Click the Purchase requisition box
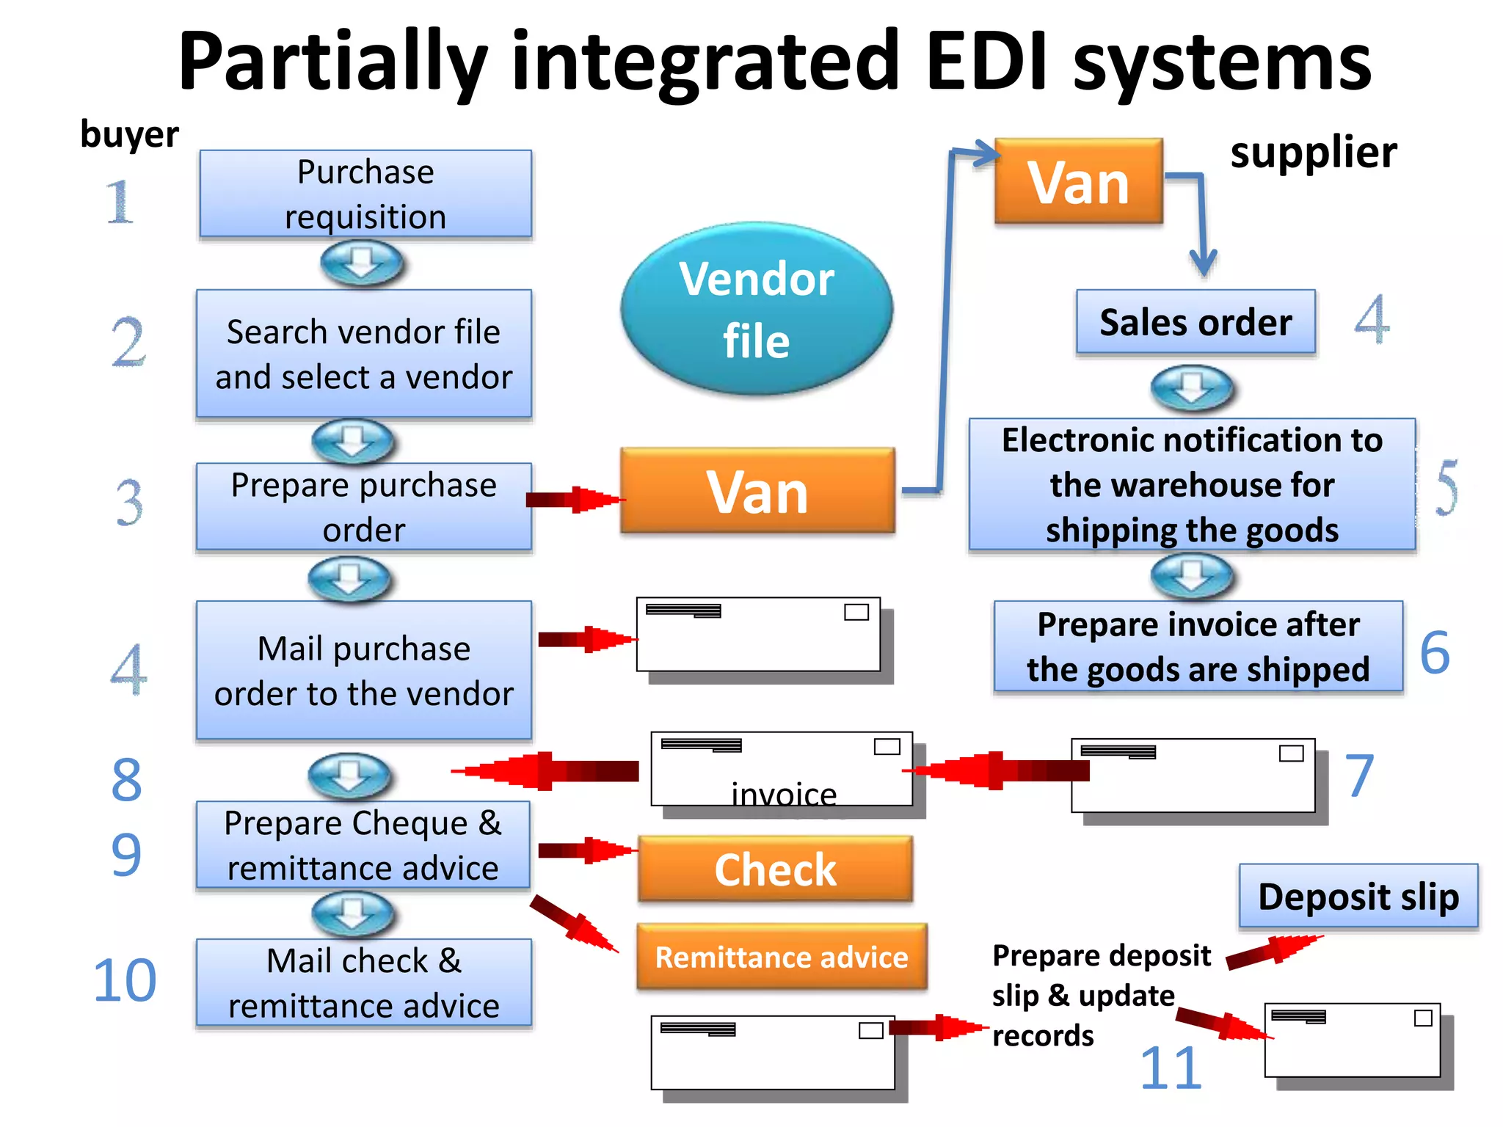click(x=365, y=194)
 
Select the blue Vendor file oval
click(x=757, y=309)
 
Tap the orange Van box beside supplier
click(x=1078, y=181)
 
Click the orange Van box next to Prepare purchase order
click(x=757, y=491)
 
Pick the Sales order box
click(x=1196, y=322)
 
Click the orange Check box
click(x=775, y=869)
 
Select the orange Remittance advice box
click(x=782, y=957)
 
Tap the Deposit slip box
click(x=1358, y=897)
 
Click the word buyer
click(x=129, y=134)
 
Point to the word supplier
click(x=1314, y=153)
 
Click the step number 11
click(x=1171, y=1068)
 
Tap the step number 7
click(x=1359, y=776)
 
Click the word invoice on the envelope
click(x=784, y=795)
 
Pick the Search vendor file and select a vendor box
click(x=364, y=354)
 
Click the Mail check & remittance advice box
click(x=364, y=982)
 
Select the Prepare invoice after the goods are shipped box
click(x=1198, y=646)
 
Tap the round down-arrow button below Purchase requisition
click(x=362, y=263)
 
